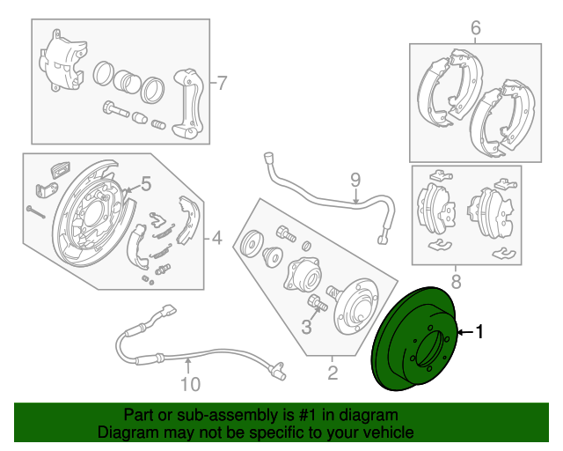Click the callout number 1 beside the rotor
click(x=480, y=332)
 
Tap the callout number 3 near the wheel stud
click(x=306, y=328)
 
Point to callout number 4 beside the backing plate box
click(x=216, y=236)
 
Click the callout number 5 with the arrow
click(x=146, y=184)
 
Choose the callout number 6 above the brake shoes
click(x=475, y=28)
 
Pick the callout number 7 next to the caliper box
click(x=222, y=84)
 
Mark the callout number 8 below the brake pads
click(x=456, y=282)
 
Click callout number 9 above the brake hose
click(x=355, y=181)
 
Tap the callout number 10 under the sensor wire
click(x=191, y=384)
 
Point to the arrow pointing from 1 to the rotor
click(x=464, y=333)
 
